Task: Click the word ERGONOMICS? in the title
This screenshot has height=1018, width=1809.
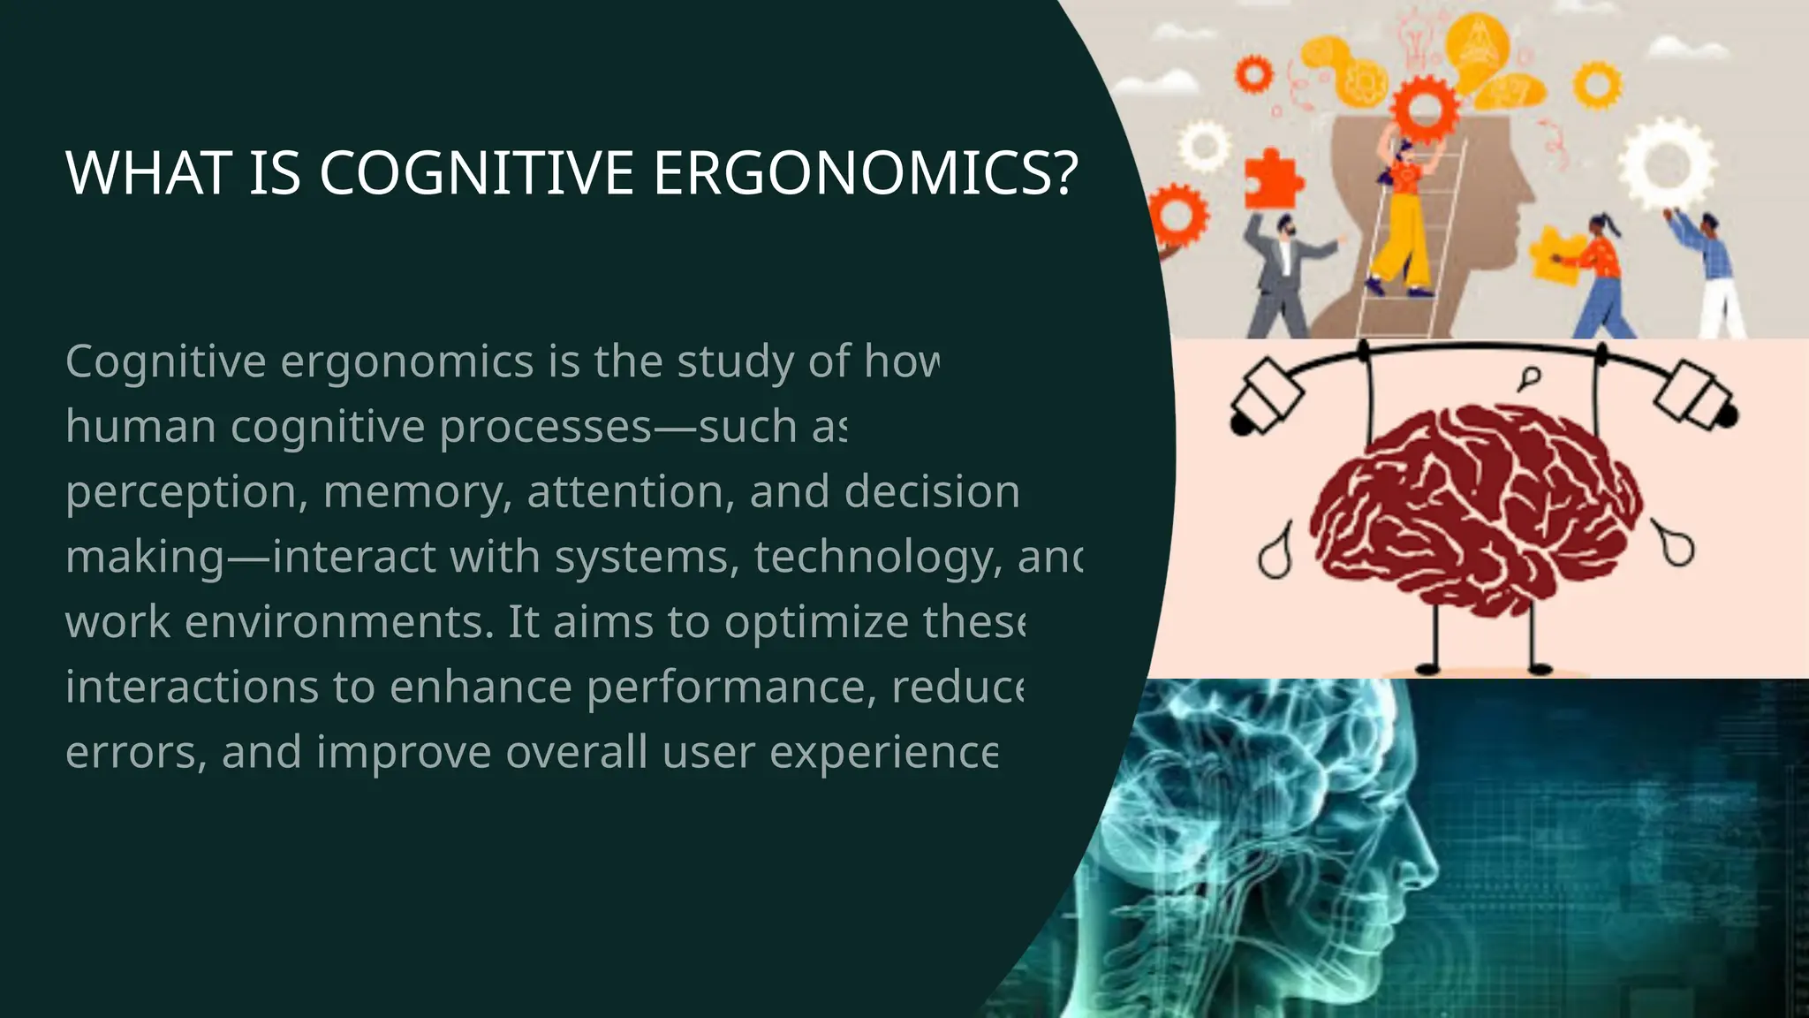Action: [x=866, y=172]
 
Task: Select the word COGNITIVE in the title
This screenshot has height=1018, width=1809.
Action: [x=476, y=172]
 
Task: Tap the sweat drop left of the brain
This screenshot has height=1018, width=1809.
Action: [x=1275, y=553]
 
